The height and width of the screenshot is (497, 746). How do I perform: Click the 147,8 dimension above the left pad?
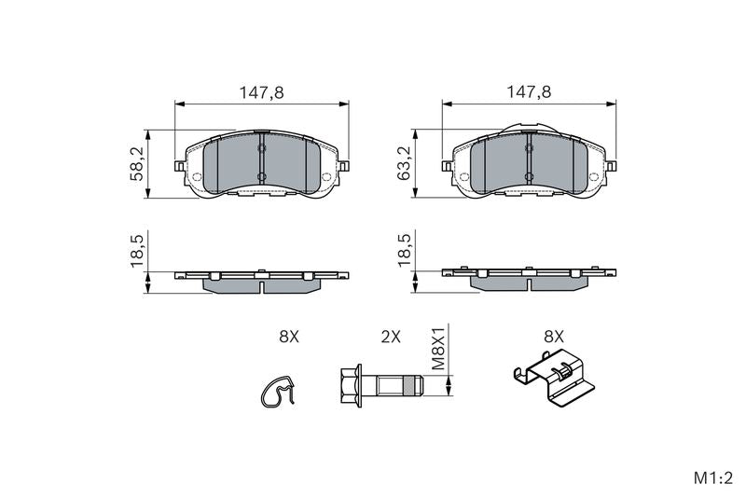(261, 92)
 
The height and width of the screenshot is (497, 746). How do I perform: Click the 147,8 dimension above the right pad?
(529, 92)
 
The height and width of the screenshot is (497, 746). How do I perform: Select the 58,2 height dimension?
(137, 164)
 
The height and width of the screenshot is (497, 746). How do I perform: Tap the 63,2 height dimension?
(405, 164)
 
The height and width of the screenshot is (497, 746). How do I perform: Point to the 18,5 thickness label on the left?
(137, 251)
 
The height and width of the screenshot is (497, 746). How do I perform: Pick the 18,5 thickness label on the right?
(405, 251)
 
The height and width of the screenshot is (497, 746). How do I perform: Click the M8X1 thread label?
(437, 348)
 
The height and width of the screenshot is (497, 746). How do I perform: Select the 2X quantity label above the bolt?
(391, 338)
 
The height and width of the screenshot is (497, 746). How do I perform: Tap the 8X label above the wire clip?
(289, 338)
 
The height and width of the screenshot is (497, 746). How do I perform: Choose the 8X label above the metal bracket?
(554, 338)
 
